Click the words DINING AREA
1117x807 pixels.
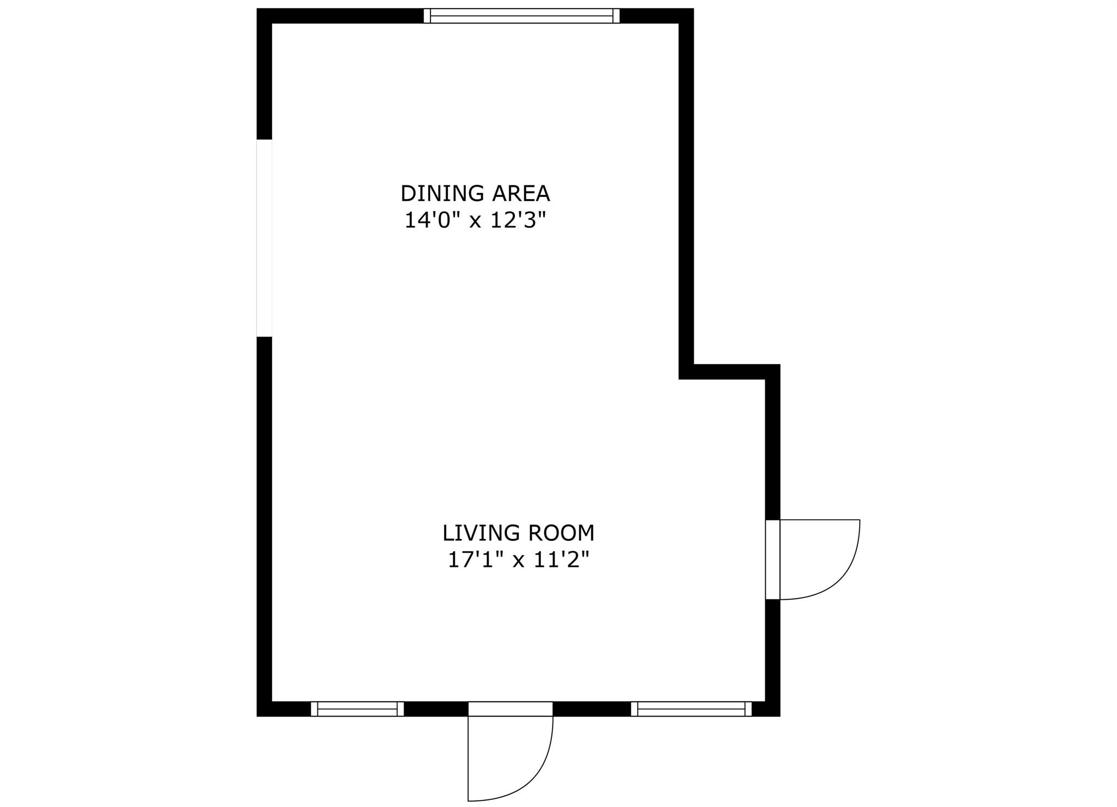pyautogui.click(x=475, y=194)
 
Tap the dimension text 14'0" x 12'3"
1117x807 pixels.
pyautogui.click(x=475, y=221)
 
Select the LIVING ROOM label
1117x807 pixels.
pyautogui.click(x=518, y=533)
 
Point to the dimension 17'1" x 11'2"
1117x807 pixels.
pyautogui.click(x=518, y=560)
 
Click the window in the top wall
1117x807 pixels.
pyautogui.click(x=522, y=16)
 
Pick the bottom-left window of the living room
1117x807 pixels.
pyautogui.click(x=357, y=709)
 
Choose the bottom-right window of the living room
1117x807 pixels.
pyautogui.click(x=691, y=709)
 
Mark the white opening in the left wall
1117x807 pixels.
pyautogui.click(x=264, y=238)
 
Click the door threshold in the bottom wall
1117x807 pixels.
pyautogui.click(x=511, y=709)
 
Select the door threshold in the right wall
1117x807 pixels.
pyautogui.click(x=773, y=559)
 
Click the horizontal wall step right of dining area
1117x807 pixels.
pyautogui.click(x=729, y=372)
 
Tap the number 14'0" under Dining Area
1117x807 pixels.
pyautogui.click(x=431, y=221)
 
